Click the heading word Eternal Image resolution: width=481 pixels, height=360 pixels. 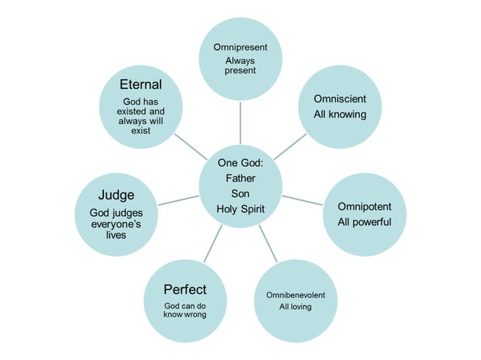(141, 84)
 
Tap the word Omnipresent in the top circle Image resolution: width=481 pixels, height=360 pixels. (240, 47)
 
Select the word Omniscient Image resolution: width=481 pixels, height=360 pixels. (340, 99)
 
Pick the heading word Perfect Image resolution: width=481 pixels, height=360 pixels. (185, 289)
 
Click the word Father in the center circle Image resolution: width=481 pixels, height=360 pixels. (240, 178)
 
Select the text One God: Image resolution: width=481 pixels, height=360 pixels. (240, 163)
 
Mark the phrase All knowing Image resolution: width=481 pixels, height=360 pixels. (340, 114)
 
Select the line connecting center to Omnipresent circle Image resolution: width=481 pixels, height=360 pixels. (240, 121)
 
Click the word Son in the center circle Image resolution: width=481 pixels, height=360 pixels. (240, 194)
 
